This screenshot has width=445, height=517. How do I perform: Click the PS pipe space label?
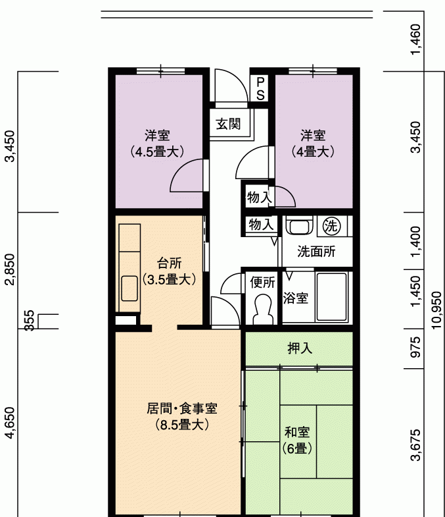click(x=260, y=88)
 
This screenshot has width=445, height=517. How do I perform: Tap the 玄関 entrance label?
click(x=228, y=124)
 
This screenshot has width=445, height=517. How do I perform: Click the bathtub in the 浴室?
click(x=331, y=297)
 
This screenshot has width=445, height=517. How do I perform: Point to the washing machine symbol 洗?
click(x=331, y=226)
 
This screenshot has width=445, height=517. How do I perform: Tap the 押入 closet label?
click(x=300, y=348)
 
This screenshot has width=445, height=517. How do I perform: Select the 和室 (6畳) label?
click(x=297, y=440)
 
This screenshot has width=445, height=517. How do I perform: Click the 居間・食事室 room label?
click(x=181, y=409)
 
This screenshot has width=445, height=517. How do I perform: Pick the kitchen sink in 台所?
click(x=129, y=288)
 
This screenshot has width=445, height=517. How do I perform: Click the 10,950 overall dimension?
click(x=436, y=310)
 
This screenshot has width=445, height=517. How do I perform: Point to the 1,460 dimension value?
click(x=415, y=40)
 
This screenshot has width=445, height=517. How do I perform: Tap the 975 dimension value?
click(x=415, y=347)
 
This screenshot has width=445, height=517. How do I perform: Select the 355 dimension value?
click(x=30, y=320)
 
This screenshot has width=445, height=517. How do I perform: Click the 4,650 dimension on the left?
click(x=11, y=423)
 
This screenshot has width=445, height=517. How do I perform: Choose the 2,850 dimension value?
click(x=11, y=269)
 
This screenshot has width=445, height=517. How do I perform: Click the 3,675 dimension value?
click(x=415, y=445)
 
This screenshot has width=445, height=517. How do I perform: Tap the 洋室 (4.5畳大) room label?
click(x=157, y=144)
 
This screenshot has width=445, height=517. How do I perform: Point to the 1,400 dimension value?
click(x=415, y=241)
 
